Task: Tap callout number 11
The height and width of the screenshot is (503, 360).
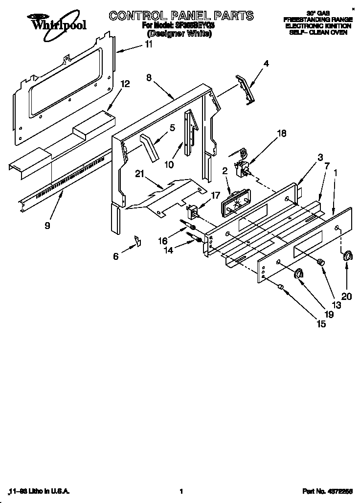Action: (x=148, y=44)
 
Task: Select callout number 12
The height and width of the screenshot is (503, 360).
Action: (x=125, y=84)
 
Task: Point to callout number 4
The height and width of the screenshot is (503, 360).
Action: (x=267, y=63)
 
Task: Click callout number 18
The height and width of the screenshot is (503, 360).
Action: (x=282, y=133)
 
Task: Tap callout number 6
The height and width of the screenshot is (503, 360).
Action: (x=116, y=256)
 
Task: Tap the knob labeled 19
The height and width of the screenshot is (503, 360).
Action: (x=299, y=274)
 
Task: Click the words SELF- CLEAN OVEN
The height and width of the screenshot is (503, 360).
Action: (x=317, y=32)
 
